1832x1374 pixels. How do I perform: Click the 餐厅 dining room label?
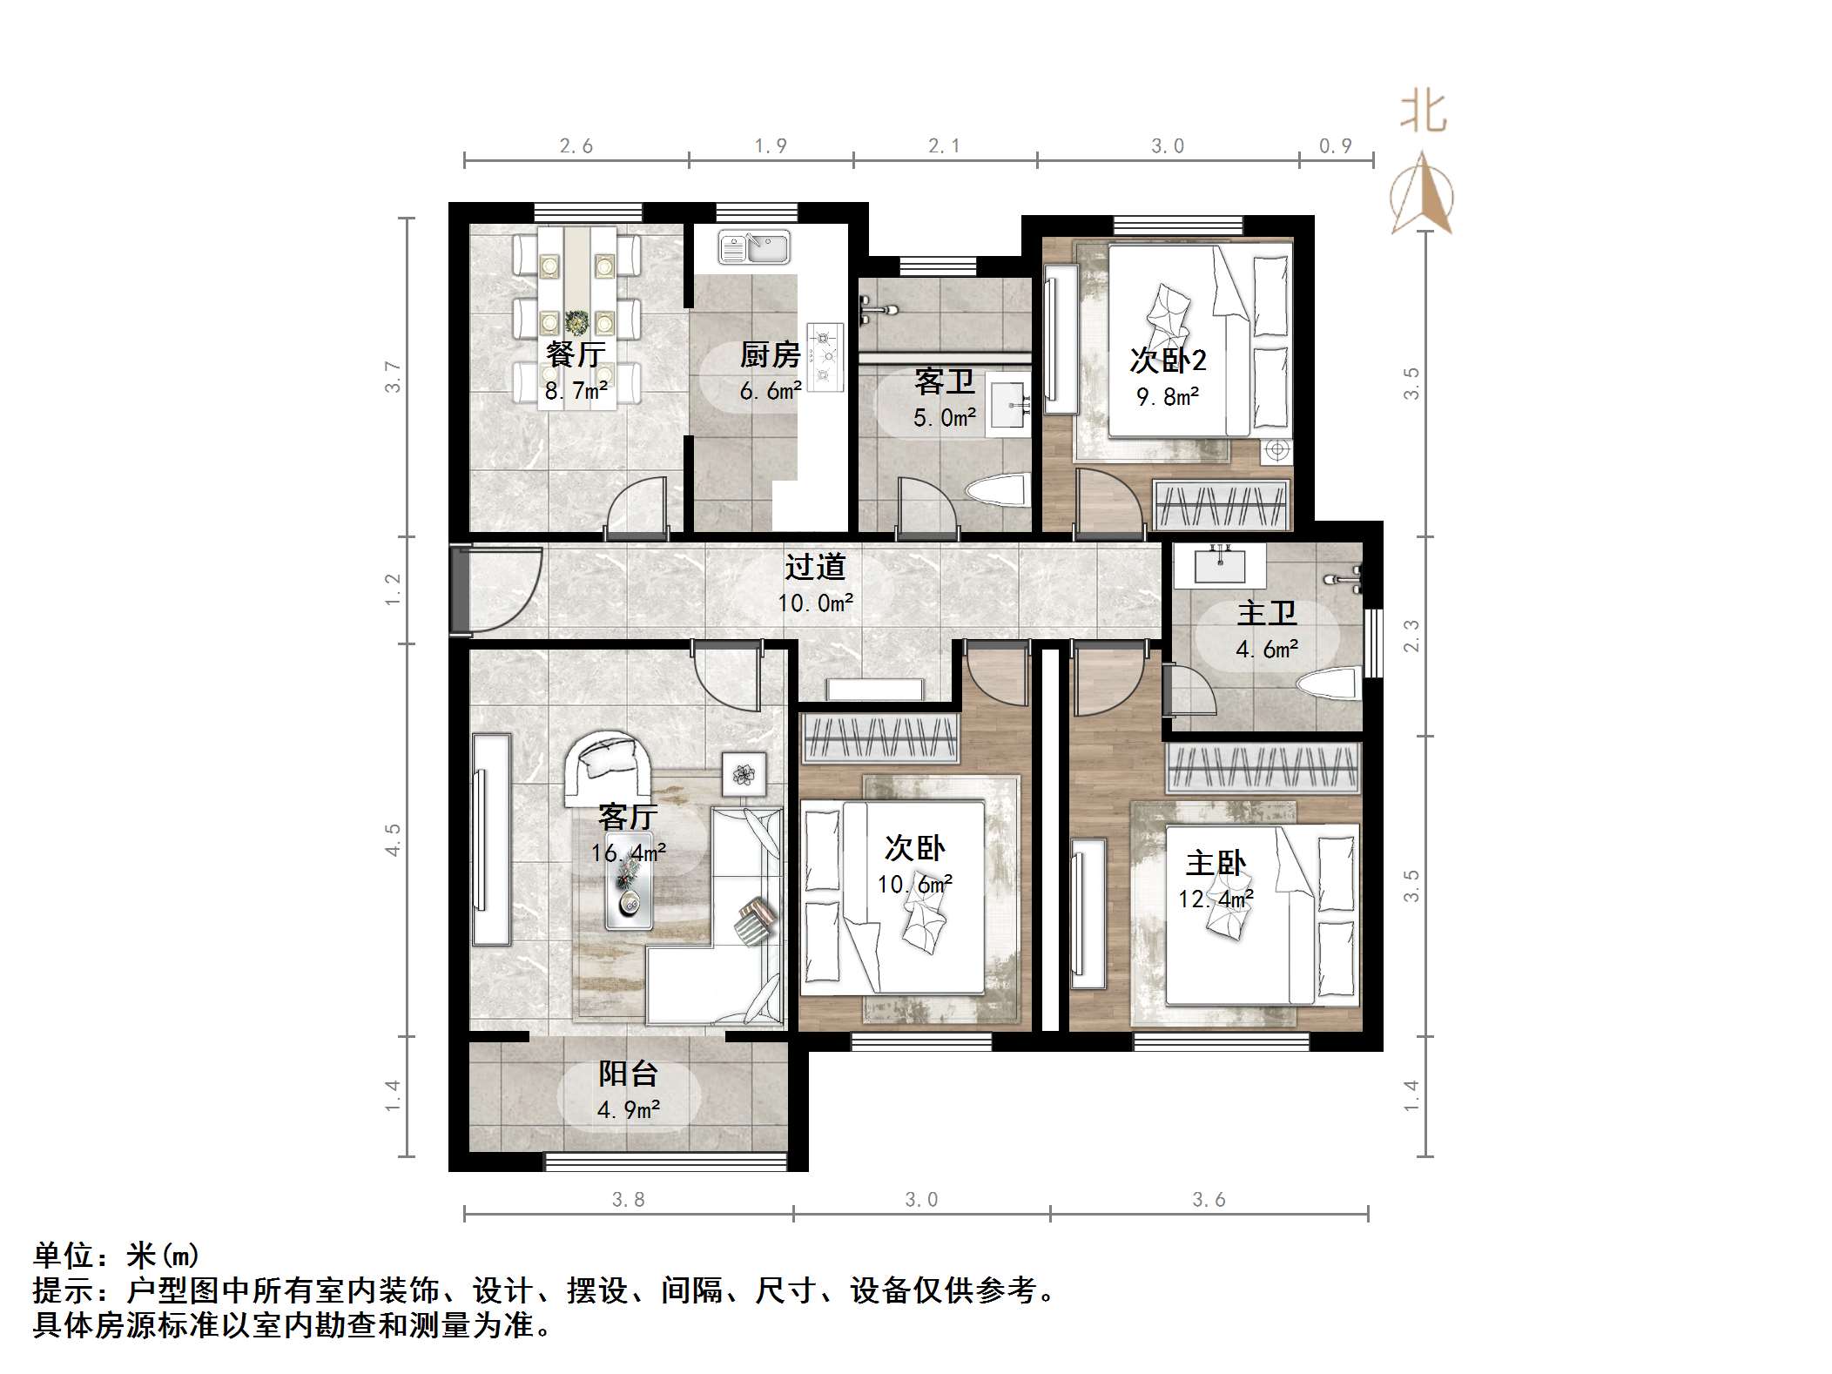click(575, 354)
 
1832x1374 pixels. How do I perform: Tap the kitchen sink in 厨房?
click(754, 246)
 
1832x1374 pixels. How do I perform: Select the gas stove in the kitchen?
click(825, 356)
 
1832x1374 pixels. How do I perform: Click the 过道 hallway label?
click(815, 567)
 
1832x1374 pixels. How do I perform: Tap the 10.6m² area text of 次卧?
click(914, 885)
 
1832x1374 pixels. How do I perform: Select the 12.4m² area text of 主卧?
click(1216, 898)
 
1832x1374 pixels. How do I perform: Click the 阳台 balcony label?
click(627, 1074)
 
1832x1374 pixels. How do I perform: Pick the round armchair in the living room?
click(609, 766)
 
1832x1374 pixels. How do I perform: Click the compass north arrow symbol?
click(1421, 193)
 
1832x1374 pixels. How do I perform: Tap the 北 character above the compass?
click(1423, 112)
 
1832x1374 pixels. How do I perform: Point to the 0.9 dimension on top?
click(1335, 146)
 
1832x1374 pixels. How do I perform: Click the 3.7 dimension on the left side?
click(394, 376)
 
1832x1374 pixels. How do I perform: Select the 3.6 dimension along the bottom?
click(1209, 1200)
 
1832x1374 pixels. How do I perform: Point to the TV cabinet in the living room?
click(491, 839)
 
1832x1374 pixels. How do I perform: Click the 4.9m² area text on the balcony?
click(628, 1110)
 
